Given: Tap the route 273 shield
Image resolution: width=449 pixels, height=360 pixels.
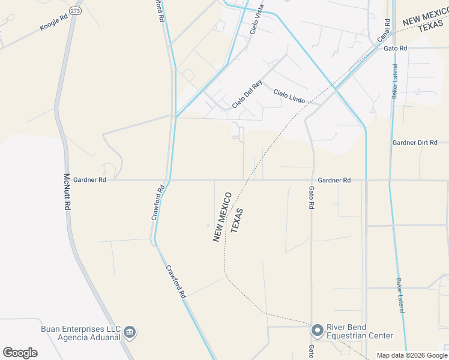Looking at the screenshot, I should [75, 11].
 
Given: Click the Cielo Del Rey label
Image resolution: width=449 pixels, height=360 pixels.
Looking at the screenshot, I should [247, 95].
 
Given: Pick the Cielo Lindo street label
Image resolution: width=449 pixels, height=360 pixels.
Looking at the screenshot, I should [289, 95].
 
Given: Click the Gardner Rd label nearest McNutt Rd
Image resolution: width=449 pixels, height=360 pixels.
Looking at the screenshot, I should [89, 179].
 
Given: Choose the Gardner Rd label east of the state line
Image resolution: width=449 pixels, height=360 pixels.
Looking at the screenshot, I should [334, 180].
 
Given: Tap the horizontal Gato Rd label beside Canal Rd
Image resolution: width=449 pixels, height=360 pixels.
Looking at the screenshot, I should [396, 48].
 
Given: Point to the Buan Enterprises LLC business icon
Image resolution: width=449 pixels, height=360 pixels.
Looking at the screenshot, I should [130, 332].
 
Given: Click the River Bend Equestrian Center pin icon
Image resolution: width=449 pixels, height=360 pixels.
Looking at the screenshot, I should [318, 331].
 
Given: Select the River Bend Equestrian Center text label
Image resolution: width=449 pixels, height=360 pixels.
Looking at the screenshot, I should [360, 332].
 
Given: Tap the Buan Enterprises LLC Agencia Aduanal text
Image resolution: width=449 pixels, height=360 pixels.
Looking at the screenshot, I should [80, 333].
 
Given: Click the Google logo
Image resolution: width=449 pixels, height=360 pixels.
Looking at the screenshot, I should [20, 353].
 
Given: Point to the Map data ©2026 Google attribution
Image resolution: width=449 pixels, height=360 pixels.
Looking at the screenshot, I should [412, 355].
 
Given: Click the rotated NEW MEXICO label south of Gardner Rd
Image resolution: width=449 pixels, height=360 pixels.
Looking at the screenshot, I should [221, 217].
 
